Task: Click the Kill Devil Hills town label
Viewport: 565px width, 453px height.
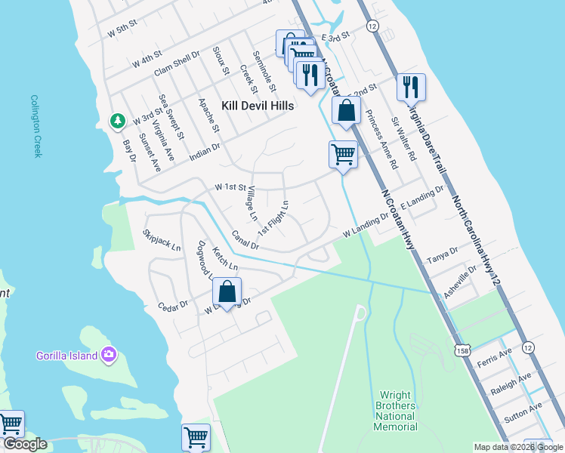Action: click(x=257, y=106)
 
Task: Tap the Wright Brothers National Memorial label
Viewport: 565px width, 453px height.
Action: click(x=397, y=411)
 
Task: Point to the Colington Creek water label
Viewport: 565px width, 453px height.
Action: click(x=35, y=125)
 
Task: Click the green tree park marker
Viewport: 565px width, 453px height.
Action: click(x=118, y=120)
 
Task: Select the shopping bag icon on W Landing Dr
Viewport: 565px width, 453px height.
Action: click(x=227, y=292)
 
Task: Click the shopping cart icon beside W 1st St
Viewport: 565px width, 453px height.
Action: click(x=343, y=155)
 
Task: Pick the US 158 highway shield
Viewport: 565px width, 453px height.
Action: click(x=462, y=350)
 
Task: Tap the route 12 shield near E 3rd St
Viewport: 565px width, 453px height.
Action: click(x=372, y=26)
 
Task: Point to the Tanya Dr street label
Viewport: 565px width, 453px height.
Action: click(x=443, y=254)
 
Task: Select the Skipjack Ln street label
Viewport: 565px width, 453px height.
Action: click(x=162, y=241)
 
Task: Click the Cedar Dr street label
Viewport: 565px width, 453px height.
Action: click(x=172, y=307)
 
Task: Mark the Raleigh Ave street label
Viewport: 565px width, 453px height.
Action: click(x=511, y=384)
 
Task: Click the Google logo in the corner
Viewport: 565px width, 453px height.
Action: click(x=25, y=444)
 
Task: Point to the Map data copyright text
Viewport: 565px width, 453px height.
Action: click(x=517, y=447)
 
